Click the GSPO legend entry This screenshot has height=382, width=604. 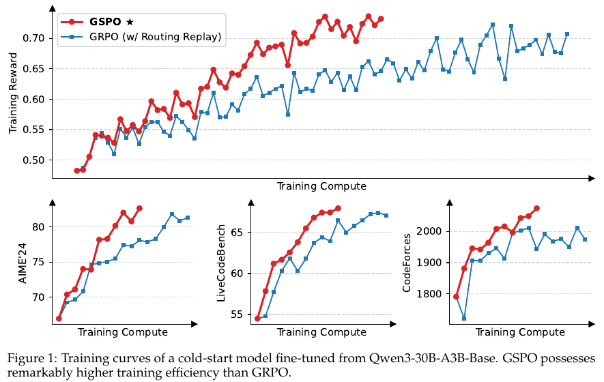click(x=97, y=22)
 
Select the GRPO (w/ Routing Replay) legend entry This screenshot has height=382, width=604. click(x=141, y=37)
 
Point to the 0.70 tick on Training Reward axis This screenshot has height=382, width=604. click(x=34, y=38)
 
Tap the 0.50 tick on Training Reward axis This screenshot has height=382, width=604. click(x=34, y=160)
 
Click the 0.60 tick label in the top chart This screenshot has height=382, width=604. click(x=34, y=100)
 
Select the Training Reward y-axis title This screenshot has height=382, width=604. click(x=13, y=93)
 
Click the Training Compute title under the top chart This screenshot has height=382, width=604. click(x=321, y=186)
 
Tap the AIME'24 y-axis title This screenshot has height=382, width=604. click(x=23, y=263)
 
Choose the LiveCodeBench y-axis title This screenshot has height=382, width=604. click(x=221, y=263)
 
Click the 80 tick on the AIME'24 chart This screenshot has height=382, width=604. click(x=39, y=227)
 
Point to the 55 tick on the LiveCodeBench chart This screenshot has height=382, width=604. click(x=238, y=314)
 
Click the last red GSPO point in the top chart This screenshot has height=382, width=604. click(x=381, y=18)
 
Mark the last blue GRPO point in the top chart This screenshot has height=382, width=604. click(x=567, y=34)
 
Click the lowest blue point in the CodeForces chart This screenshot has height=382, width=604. click(x=464, y=319)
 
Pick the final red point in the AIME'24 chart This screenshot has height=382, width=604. click(x=139, y=208)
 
